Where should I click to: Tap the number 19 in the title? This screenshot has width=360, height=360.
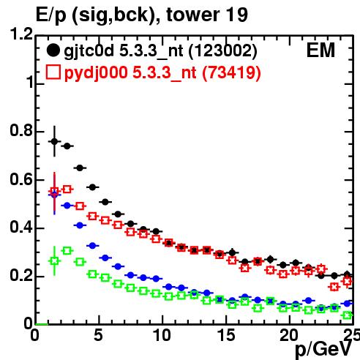[x=235, y=15]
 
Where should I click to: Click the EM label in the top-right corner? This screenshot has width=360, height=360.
[x=320, y=50]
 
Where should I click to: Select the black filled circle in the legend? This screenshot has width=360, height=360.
[x=53, y=50]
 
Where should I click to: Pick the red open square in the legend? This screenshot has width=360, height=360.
[x=53, y=72]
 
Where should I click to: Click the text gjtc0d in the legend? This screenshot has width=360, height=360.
[x=89, y=51]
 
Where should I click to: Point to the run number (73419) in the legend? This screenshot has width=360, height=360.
[x=231, y=72]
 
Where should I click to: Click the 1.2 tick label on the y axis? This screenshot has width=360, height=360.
[x=21, y=34]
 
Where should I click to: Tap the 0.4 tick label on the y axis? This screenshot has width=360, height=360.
[x=21, y=227]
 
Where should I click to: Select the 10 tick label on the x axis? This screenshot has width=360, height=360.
[x=162, y=335]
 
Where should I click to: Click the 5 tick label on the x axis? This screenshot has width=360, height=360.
[x=99, y=335]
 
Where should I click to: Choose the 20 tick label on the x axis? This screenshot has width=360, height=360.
[x=289, y=335]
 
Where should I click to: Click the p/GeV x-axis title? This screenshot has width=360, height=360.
[x=323, y=350]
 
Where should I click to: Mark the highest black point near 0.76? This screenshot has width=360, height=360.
[x=54, y=141]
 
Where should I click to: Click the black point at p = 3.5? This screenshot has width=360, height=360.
[x=80, y=168]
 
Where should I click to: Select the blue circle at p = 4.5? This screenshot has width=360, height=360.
[x=92, y=246]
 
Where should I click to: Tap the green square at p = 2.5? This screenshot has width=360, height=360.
[x=67, y=250]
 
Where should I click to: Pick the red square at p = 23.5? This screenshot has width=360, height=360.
[x=334, y=287]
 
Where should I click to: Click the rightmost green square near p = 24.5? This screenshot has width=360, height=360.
[x=347, y=315]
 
